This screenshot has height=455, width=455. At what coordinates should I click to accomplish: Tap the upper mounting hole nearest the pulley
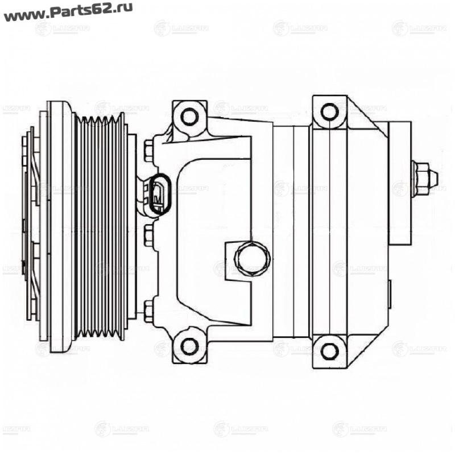click(189, 117)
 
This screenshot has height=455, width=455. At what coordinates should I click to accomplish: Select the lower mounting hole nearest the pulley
click(189, 345)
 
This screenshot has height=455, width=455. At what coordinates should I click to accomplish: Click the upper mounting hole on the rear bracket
click(329, 111)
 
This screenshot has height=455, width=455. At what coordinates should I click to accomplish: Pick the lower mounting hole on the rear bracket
click(329, 349)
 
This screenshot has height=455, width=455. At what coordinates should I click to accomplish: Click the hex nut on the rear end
click(420, 180)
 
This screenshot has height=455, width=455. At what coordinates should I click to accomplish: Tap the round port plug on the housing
click(251, 258)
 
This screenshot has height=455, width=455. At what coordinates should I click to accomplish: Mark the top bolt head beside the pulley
click(148, 150)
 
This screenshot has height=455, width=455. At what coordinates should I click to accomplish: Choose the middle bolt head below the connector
click(149, 234)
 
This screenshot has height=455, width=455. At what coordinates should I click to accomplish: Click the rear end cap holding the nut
click(400, 182)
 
